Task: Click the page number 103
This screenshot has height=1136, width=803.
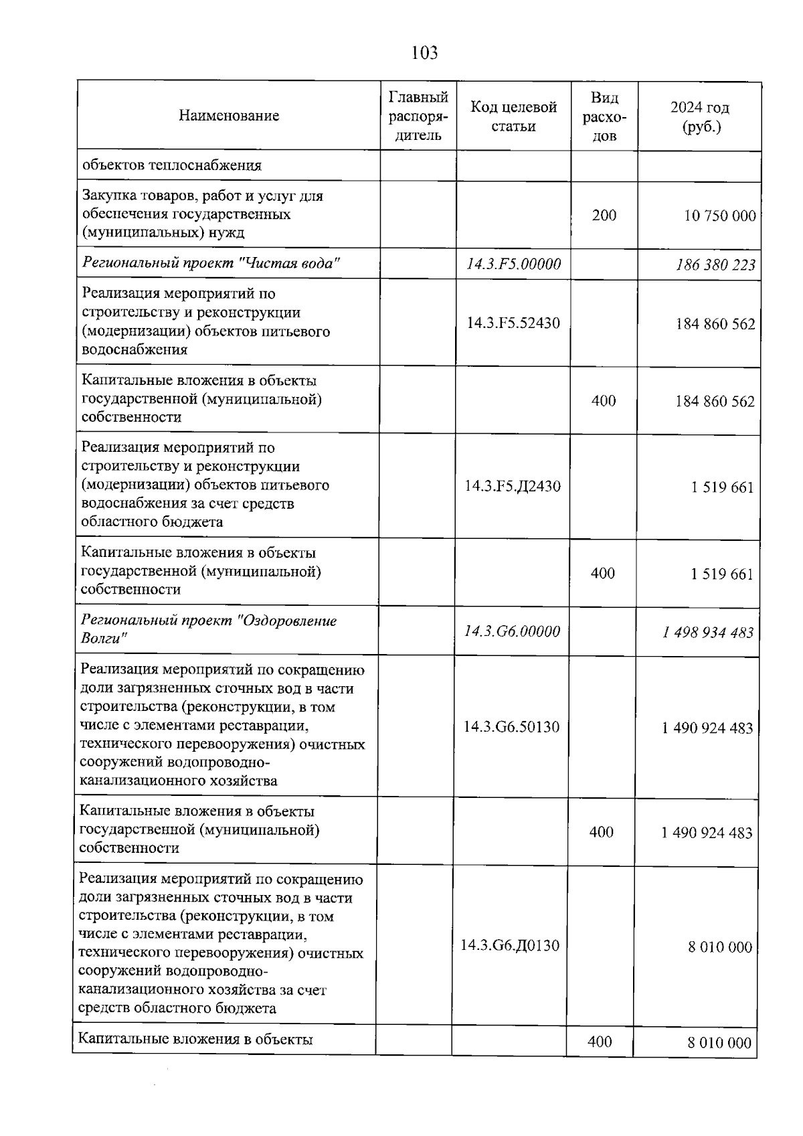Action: pos(425,53)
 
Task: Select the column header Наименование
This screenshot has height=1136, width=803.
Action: pos(229,116)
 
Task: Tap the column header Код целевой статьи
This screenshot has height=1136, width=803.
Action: pos(513,116)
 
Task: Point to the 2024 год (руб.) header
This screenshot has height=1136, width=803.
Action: pos(700,116)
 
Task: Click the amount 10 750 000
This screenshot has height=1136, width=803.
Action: pos(720,216)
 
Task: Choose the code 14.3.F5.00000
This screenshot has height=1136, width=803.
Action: pos(513,264)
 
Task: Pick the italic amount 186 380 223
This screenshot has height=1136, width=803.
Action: pos(715,265)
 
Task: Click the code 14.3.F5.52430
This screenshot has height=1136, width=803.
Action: pos(513,323)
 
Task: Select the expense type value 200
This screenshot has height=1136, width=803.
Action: pos(604,215)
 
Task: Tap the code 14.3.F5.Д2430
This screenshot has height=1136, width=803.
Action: pos(513,486)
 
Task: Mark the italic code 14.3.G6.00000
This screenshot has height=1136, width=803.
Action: pos(512,631)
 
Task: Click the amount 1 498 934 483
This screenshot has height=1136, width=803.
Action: pos(709,633)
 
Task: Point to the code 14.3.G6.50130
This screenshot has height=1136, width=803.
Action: pos(511,727)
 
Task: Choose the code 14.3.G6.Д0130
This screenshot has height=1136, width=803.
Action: pos(510,946)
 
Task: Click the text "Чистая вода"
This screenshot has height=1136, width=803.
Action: pos(289,263)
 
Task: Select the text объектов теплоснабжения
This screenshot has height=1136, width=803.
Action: pos(171,165)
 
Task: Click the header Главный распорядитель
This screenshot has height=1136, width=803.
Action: pos(418,116)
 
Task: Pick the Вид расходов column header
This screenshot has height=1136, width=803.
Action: pos(604,116)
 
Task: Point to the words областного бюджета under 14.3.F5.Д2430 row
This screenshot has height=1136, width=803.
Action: pos(152,522)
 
